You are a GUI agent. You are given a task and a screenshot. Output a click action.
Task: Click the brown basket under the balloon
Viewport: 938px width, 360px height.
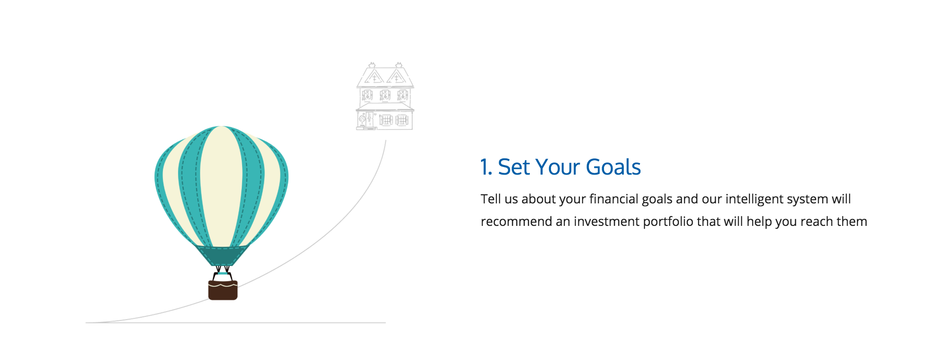(223, 290)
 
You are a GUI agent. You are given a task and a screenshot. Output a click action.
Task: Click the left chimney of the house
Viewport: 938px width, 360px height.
(372, 65)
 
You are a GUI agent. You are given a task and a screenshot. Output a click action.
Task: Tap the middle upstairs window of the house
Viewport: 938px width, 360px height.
(385, 95)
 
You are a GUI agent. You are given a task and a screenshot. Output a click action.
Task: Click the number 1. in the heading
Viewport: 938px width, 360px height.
(486, 167)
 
